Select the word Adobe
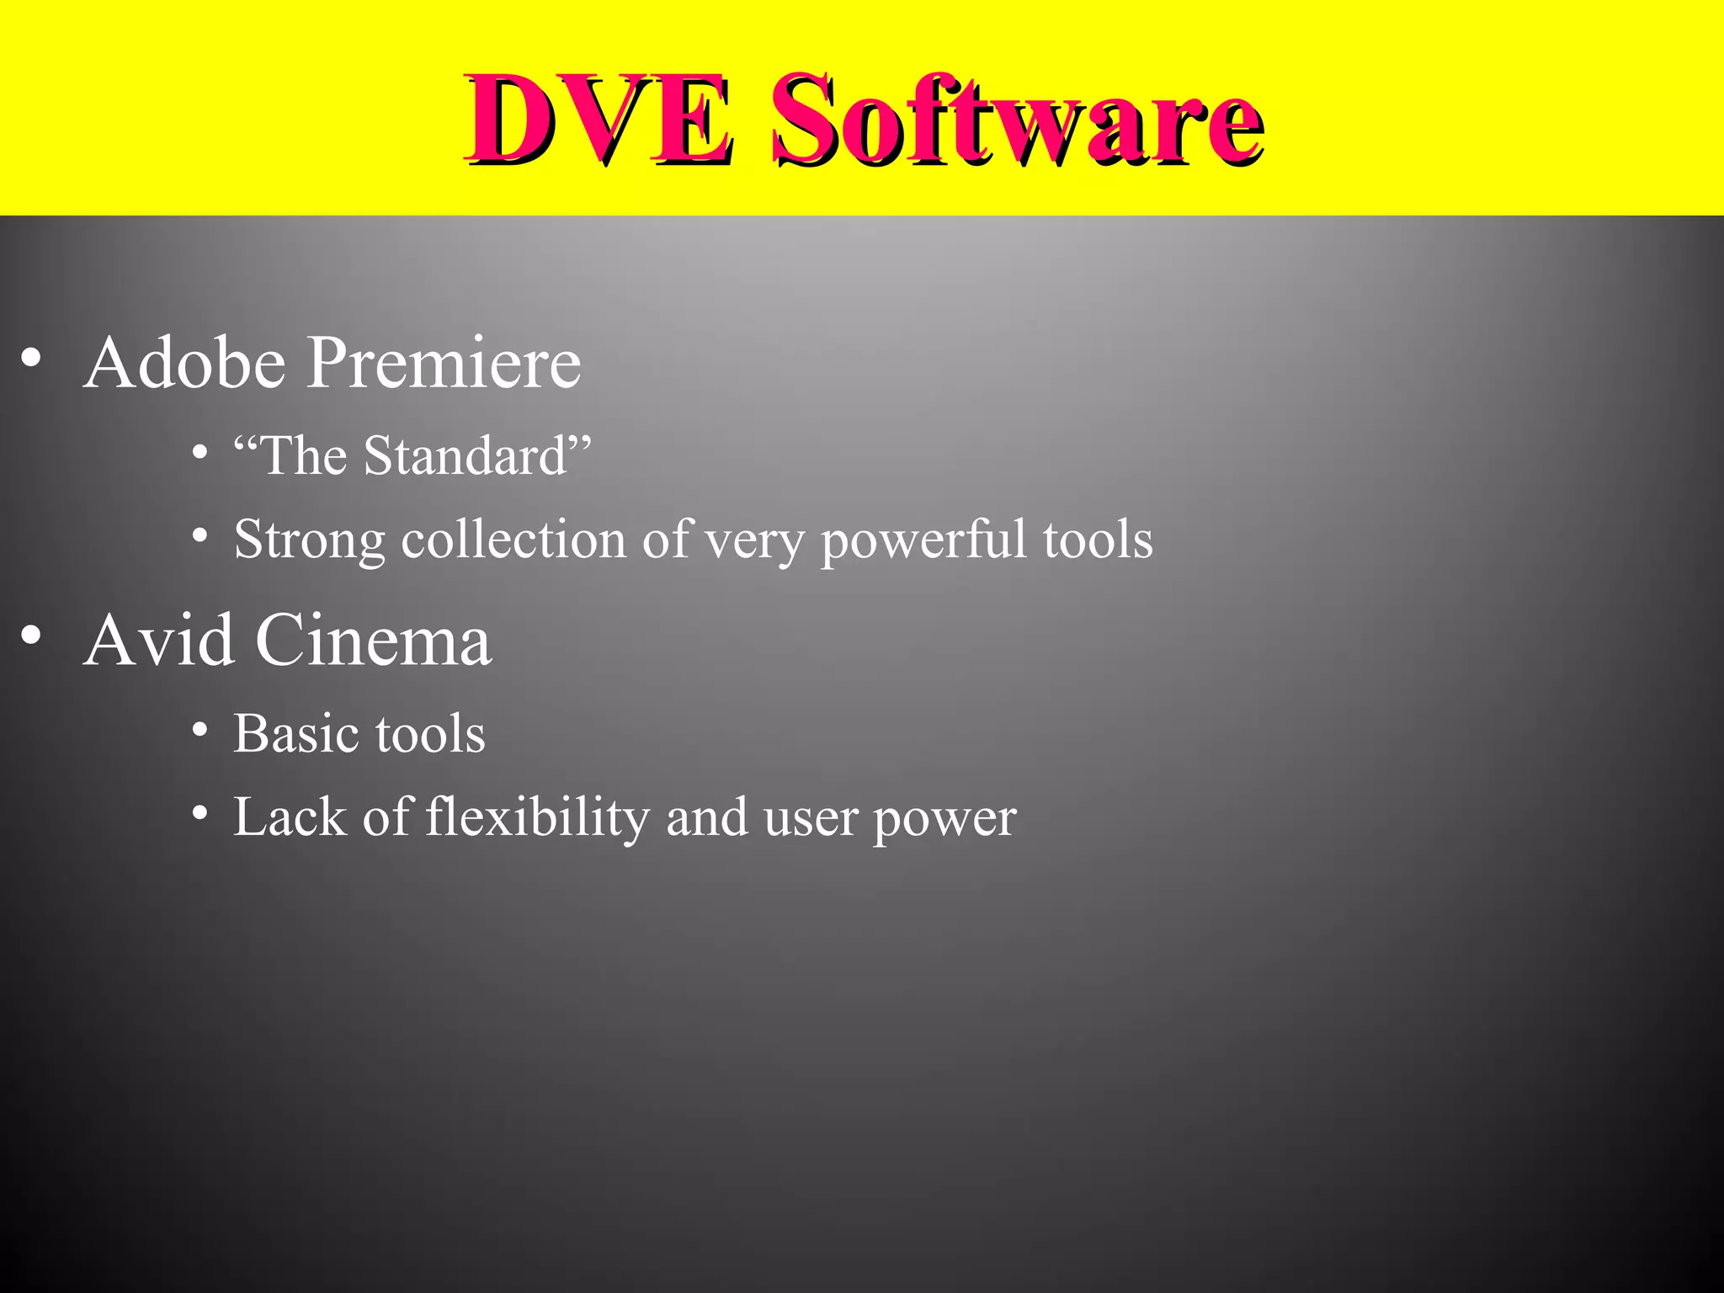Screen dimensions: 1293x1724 [185, 363]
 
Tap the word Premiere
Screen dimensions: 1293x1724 [443, 363]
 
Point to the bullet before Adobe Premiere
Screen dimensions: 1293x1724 [31, 359]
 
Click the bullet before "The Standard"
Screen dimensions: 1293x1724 [200, 454]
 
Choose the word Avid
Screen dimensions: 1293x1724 [159, 641]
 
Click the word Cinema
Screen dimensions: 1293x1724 [373, 641]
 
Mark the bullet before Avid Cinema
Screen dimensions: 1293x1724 [31, 636]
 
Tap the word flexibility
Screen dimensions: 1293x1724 [537, 818]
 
